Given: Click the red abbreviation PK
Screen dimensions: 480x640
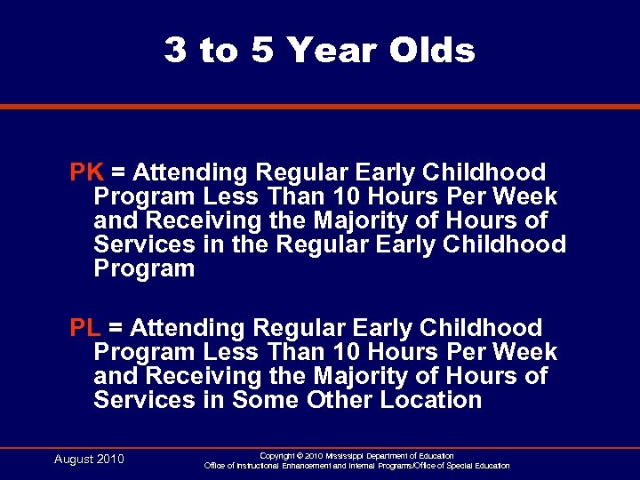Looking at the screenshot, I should point(87,172).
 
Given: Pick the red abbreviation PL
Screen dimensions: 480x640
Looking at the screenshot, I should point(86,329).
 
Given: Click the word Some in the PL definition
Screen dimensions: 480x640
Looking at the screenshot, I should point(266,400).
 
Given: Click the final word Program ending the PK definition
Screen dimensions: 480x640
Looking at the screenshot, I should point(144,269).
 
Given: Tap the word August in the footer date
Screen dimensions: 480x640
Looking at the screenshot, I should point(74,460).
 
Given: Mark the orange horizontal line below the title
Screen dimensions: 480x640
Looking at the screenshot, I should point(320,107).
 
